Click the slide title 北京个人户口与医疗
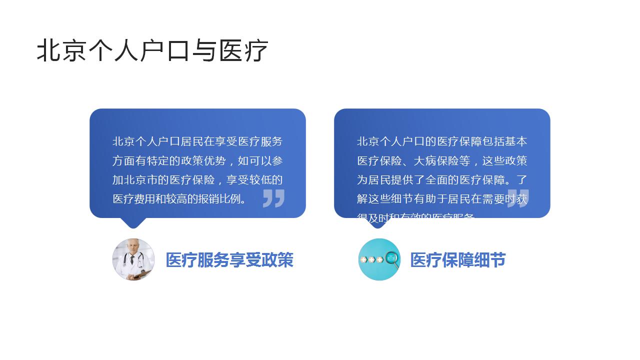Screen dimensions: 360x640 pos(152,50)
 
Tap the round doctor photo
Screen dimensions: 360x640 pos(133,259)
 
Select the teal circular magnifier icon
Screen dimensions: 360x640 pos(379,259)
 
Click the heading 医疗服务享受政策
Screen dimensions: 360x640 pos(229,260)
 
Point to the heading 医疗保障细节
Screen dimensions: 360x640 pos(458,260)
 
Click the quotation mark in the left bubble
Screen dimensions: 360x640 pos(273,198)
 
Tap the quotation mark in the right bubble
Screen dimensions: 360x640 pos(518,198)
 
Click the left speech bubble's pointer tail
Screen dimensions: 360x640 pos(133,222)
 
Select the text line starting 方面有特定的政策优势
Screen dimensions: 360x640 pos(197,161)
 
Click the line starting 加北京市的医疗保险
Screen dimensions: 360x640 pos(197,180)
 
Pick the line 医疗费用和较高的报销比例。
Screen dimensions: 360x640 pos(180,199)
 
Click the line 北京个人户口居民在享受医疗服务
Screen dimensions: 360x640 pos(197,141)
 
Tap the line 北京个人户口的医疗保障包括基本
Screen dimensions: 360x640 pos(442,141)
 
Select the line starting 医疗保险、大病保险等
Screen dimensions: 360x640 pos(442,161)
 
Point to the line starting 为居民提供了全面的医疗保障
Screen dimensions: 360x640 pos(442,180)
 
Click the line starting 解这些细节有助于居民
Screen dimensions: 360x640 pos(442,199)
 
